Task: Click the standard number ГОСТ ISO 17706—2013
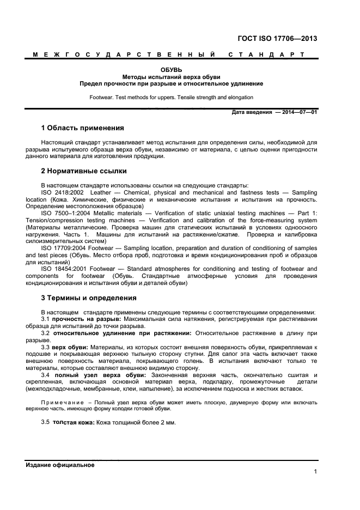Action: coord(278,39)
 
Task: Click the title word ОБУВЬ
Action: coord(171,70)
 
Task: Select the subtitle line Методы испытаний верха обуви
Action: coord(171,77)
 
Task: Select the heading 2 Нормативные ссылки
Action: coord(84,171)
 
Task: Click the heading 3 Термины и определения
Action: coord(89,298)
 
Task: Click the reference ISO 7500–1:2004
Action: coord(66,213)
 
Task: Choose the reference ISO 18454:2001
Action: coord(64,269)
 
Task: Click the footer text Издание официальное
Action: coord(60,465)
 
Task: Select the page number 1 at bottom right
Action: coord(315,472)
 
